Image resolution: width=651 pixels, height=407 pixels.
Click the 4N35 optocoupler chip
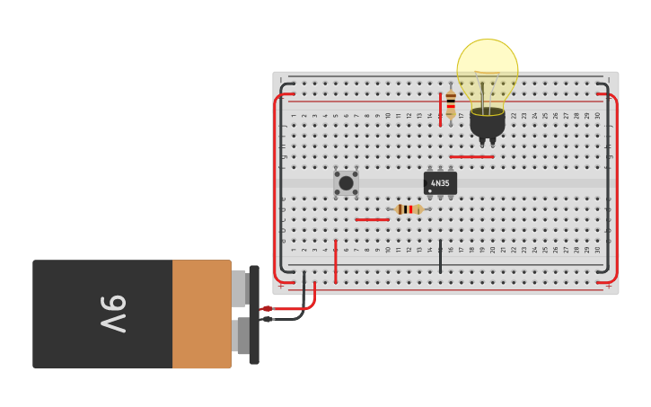coord(440,183)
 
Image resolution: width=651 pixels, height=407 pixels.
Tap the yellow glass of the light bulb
coord(487,67)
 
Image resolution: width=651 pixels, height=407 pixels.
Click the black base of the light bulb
coord(487,123)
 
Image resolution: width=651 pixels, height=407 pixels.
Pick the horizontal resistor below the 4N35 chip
coord(409,209)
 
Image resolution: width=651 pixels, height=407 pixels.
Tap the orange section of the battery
coord(201,314)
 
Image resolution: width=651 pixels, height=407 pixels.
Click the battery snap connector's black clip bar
coord(254,314)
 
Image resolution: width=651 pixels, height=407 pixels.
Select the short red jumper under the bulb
coord(471,157)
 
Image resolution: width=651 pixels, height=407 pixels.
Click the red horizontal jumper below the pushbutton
coord(372,219)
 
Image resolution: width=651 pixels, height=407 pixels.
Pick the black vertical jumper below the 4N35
coord(440,256)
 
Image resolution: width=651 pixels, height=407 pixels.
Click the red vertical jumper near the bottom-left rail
coord(336,261)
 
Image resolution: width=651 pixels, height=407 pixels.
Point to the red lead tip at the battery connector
coord(267,309)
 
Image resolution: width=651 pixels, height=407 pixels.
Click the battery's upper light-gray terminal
coord(240,288)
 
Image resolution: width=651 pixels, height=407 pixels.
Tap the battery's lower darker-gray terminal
coord(242,336)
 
